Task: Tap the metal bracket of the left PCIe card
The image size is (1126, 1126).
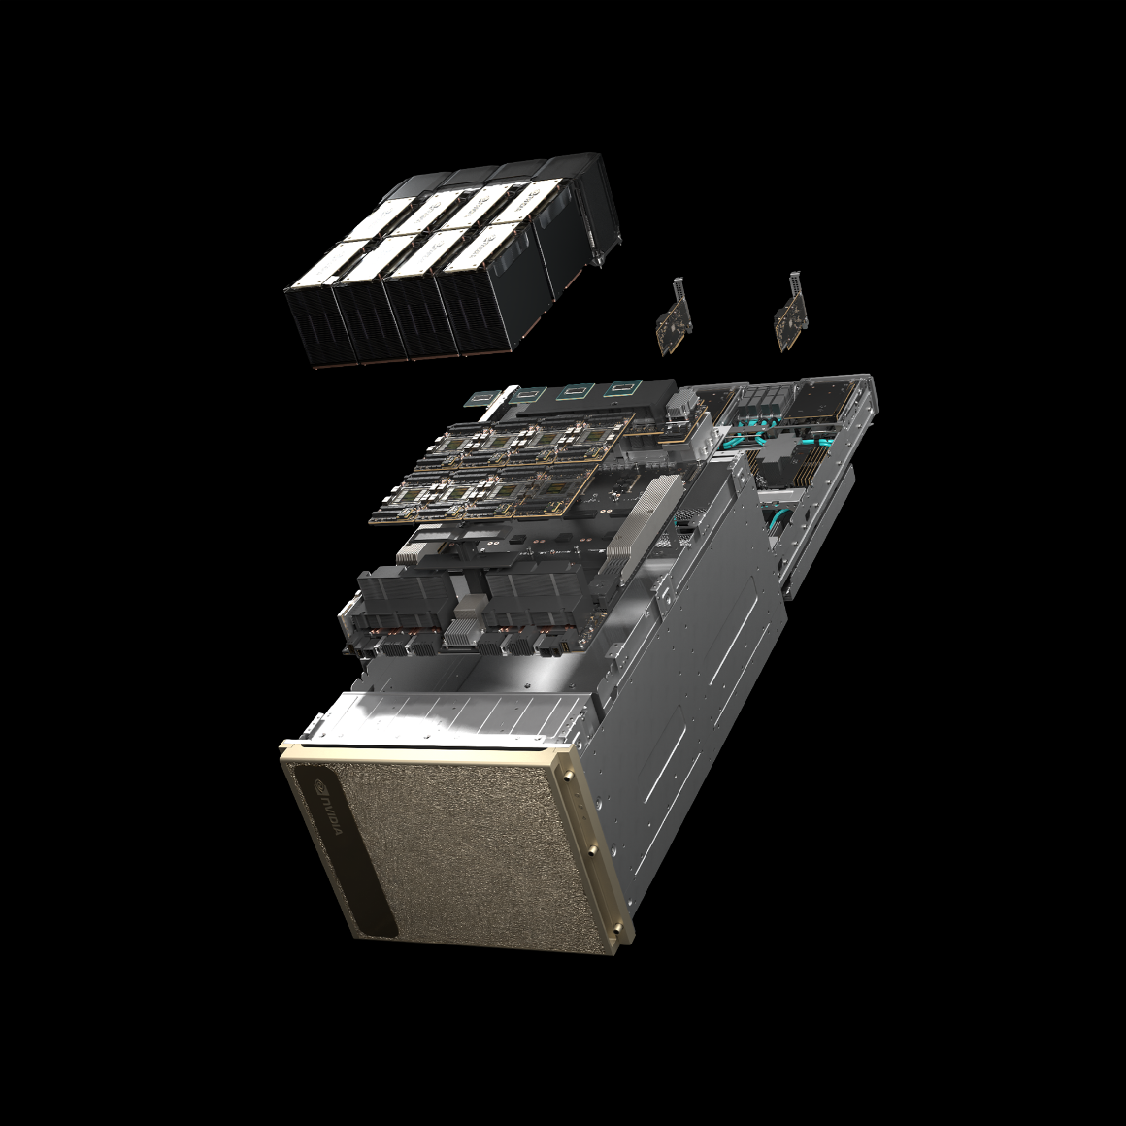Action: click(x=679, y=290)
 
